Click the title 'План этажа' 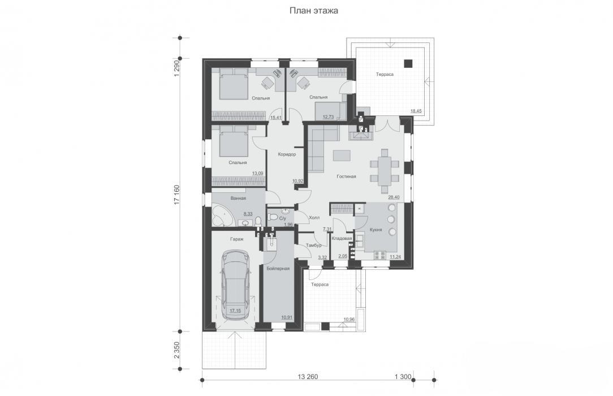(313, 11)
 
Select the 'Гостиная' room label (347, 177)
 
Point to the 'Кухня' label (375, 230)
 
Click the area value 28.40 (394, 197)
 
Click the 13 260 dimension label (308, 377)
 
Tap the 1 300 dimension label (403, 377)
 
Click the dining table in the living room (385, 171)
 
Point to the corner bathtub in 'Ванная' (222, 216)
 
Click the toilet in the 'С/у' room (273, 218)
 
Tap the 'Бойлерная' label (278, 269)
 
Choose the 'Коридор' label (287, 154)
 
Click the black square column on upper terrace (408, 63)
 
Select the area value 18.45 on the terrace (416, 111)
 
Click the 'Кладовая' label (342, 239)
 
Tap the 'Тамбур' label (313, 246)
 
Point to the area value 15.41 (276, 117)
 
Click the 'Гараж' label (236, 239)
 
